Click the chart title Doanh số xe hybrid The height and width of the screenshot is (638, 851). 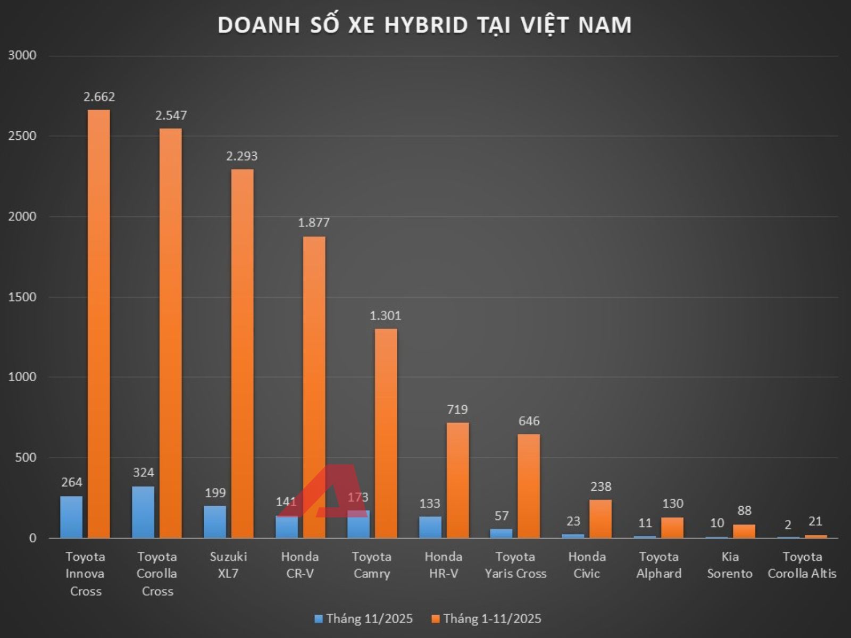[424, 25]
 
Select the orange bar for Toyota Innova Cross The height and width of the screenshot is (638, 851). [99, 324]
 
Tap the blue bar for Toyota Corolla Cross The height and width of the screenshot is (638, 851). [143, 512]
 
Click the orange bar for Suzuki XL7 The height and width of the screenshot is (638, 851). [242, 354]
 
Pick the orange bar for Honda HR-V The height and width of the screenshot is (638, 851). [457, 480]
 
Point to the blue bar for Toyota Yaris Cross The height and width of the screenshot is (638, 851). [501, 533]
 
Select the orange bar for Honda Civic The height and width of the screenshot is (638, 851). [600, 518]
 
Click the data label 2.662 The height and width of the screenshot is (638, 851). [99, 97]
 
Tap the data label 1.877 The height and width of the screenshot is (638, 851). [314, 223]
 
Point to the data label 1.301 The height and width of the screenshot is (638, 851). [386, 316]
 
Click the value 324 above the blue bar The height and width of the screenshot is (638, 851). [143, 473]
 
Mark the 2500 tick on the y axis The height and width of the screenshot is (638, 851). [22, 136]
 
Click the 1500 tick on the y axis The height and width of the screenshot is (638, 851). [22, 297]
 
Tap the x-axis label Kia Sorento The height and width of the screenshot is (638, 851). [730, 565]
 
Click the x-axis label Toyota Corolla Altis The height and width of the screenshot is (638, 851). [802, 565]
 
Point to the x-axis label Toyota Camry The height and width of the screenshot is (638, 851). [371, 565]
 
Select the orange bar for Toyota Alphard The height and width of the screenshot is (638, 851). [672, 527]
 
